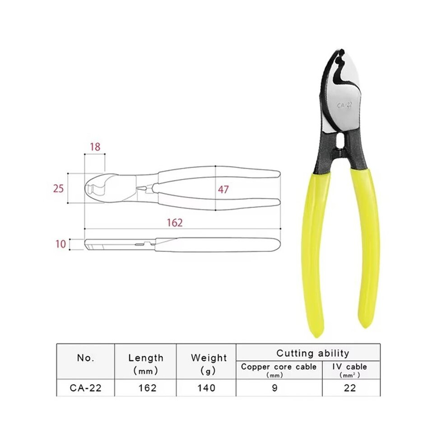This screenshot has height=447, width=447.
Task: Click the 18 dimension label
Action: [95, 147]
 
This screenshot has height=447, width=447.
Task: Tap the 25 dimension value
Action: [58, 188]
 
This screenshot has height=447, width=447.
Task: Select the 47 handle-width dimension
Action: [223, 189]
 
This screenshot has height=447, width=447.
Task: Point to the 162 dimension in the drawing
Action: [174, 222]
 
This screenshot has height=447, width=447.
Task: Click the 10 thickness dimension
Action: [61, 244]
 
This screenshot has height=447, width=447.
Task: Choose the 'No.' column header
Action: [86, 358]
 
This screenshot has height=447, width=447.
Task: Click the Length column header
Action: [146, 364]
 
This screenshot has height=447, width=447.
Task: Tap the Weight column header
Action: [209, 364]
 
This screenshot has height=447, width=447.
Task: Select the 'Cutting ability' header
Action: [313, 353]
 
